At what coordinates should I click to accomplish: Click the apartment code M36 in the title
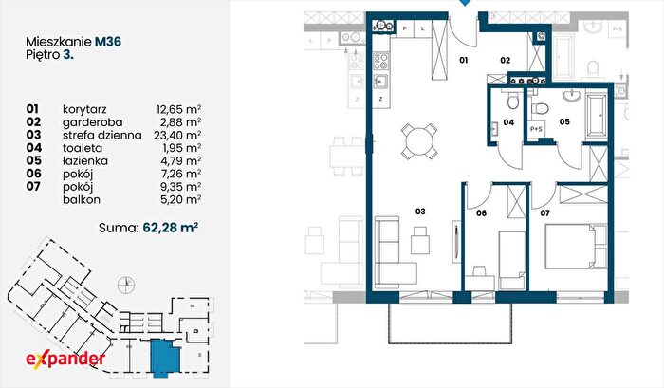(108, 42)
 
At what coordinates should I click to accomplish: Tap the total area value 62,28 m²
(171, 228)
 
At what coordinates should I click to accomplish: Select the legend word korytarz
(84, 109)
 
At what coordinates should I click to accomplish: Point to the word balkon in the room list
(82, 199)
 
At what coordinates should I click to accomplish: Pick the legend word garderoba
(92, 122)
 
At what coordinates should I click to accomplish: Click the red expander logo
(65, 360)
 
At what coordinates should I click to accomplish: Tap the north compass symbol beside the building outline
(126, 284)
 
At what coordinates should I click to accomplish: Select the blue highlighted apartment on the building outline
(166, 358)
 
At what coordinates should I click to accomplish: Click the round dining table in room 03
(419, 141)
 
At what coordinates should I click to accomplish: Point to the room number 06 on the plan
(481, 213)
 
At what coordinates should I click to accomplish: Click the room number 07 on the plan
(544, 213)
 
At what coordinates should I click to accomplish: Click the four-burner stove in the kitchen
(380, 62)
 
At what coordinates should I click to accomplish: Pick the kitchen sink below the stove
(380, 80)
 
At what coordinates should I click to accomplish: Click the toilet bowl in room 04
(512, 102)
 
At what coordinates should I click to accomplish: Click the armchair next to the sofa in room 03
(419, 241)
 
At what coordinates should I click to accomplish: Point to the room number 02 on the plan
(506, 60)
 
